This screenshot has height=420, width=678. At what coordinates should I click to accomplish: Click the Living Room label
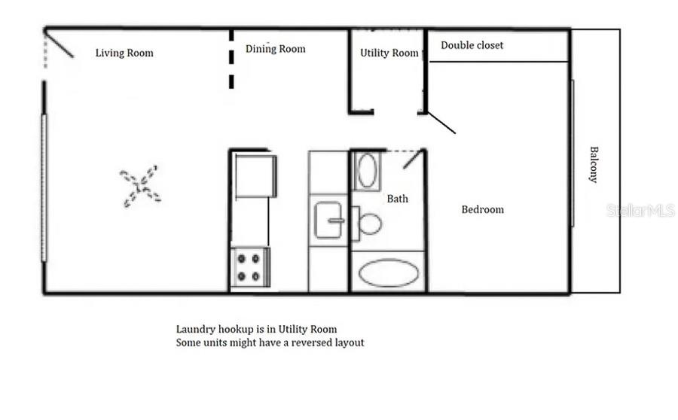tap(124, 53)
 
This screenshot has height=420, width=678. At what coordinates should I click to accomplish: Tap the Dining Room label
tap(275, 50)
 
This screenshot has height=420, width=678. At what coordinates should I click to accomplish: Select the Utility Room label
tap(389, 53)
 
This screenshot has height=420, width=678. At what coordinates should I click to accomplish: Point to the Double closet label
tap(472, 45)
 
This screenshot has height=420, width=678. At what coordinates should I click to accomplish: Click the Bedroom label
tap(482, 209)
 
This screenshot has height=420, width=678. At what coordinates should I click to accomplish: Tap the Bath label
tap(398, 199)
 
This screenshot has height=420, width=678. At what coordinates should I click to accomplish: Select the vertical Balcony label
tap(594, 164)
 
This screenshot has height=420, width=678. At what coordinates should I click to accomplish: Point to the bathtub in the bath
tap(388, 272)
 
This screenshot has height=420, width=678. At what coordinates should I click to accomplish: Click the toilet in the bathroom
tap(369, 223)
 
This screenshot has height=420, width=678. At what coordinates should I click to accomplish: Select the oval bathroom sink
tap(368, 171)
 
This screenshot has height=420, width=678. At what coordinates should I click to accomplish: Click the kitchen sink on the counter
tap(328, 221)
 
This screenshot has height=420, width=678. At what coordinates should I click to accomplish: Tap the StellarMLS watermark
tap(640, 211)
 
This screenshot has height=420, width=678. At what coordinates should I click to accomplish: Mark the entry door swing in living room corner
tap(60, 43)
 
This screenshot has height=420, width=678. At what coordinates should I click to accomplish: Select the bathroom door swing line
tap(411, 160)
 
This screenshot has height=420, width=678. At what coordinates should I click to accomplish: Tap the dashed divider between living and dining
tap(231, 60)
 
